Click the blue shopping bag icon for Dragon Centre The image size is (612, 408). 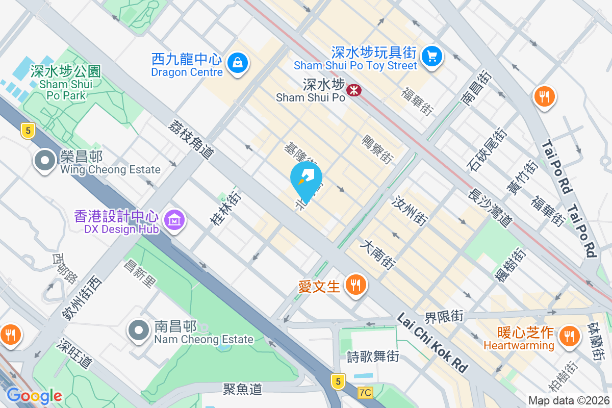(x=238, y=63)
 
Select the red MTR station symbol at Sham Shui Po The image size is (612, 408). (x=353, y=90)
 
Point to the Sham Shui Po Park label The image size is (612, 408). (x=66, y=83)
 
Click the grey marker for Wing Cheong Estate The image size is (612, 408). (x=45, y=161)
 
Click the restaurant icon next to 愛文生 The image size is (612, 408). (x=355, y=285)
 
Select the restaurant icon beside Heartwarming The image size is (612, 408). (x=567, y=336)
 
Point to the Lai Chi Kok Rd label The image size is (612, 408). (x=432, y=342)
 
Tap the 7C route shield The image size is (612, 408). (x=365, y=392)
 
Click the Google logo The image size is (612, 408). (x=34, y=396)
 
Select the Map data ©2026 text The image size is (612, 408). (x=568, y=400)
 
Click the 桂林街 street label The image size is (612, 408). (x=225, y=210)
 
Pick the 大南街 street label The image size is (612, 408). (x=378, y=255)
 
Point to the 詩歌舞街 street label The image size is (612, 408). (x=373, y=356)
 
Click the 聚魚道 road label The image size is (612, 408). (x=243, y=389)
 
